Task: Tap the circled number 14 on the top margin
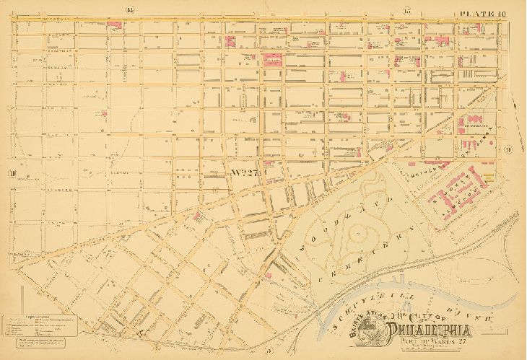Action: [130, 9]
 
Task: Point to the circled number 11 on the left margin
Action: [12, 172]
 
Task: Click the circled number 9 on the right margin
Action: [509, 149]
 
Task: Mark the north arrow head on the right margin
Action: [514, 102]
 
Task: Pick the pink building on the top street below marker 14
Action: [113, 24]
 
